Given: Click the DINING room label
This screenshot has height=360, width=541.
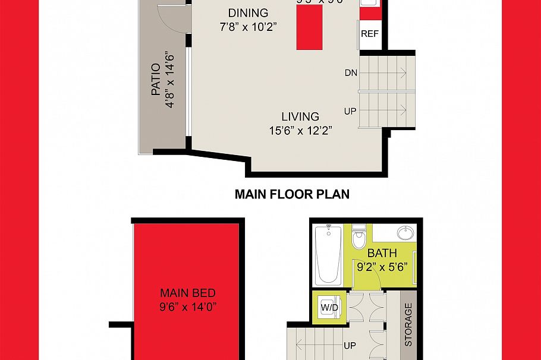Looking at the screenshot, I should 248,13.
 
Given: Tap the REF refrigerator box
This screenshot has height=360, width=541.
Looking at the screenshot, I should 370,34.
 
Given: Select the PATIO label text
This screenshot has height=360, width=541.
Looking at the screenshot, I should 156,80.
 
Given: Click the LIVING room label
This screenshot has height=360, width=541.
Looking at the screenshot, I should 300,117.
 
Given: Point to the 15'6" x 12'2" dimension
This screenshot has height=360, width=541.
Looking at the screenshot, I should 300,130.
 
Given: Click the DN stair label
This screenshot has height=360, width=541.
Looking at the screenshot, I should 350,73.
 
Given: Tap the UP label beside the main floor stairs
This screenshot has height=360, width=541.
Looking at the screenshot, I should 350,111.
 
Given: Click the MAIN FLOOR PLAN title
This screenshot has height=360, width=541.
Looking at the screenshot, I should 292,194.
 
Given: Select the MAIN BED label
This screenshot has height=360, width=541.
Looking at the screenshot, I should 187,293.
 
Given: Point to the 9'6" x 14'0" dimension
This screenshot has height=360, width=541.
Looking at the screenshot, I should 187,307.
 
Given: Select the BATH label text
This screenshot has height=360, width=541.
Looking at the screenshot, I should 382,254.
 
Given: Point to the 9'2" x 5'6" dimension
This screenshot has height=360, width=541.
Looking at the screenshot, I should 382,266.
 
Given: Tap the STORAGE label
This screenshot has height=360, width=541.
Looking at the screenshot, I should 408,325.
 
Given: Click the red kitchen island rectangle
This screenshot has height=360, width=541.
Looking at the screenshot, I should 309,28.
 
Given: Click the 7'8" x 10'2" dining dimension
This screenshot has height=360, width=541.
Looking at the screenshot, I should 248,26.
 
